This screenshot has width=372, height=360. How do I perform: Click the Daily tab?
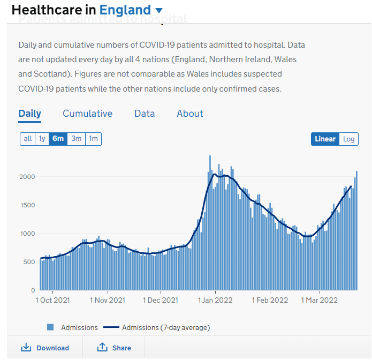(x=29, y=114)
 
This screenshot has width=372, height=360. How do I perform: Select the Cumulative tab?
(x=87, y=114)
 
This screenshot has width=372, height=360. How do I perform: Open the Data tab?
(x=145, y=114)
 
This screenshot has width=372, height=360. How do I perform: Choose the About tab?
(x=190, y=114)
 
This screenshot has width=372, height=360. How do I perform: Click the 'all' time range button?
(x=27, y=139)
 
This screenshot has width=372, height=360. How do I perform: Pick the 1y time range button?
(x=42, y=139)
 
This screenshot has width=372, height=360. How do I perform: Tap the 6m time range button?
(x=58, y=139)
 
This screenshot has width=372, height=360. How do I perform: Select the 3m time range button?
(x=76, y=139)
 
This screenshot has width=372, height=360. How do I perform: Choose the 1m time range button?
(x=93, y=139)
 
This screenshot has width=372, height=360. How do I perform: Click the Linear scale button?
(x=325, y=139)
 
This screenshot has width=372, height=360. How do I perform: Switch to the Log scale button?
(x=348, y=139)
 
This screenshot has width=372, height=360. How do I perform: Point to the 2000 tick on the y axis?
(x=27, y=177)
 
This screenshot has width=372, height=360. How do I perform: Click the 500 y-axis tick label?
(x=29, y=262)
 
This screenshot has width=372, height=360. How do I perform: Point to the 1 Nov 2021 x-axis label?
(x=107, y=300)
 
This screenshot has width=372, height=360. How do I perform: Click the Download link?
(x=45, y=348)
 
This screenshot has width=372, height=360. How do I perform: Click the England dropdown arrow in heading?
(x=159, y=10)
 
